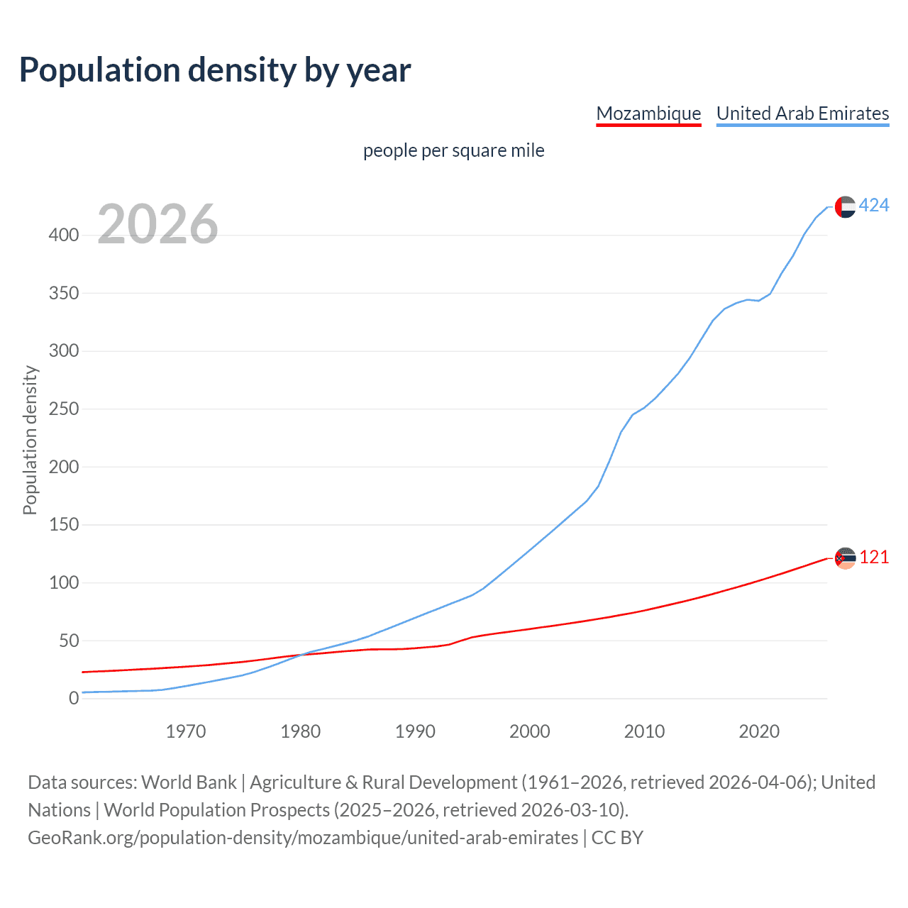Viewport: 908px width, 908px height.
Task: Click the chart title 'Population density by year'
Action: coord(215,70)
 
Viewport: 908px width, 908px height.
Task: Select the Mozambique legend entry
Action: coord(648,113)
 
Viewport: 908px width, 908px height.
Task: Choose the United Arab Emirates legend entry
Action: coord(802,113)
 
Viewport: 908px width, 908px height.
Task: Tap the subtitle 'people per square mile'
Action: coord(453,151)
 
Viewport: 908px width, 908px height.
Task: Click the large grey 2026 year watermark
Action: coord(157,224)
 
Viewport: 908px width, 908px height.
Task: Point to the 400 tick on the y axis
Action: coord(64,235)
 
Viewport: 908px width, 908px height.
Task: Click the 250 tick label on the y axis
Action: coord(64,409)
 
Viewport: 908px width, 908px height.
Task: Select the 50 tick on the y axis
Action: coord(68,641)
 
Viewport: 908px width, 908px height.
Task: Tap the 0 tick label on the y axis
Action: coord(74,699)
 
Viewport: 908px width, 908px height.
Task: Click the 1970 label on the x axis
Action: coord(186,731)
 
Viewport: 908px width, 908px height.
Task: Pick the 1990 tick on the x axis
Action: coord(415,731)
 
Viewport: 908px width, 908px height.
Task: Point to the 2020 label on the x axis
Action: coord(759,731)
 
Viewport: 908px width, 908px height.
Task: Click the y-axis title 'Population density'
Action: coord(30,440)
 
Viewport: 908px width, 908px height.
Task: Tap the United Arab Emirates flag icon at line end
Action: coord(845,206)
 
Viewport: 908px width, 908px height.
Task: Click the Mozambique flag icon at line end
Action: coord(845,558)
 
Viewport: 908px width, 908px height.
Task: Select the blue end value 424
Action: coord(874,206)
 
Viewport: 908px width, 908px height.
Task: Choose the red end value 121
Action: coord(874,558)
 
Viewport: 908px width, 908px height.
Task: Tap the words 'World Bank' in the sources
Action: coord(189,782)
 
